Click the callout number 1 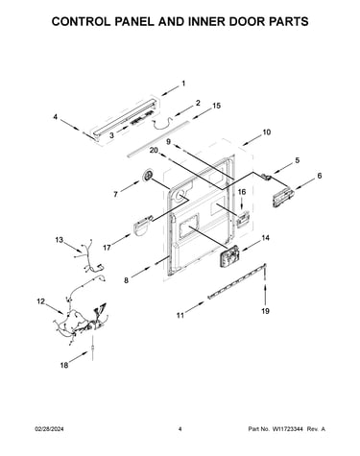pyautogui.click(x=183, y=84)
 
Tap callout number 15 pyautogui.click(x=216, y=106)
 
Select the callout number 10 pyautogui.click(x=266, y=132)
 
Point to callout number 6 pyautogui.click(x=320, y=176)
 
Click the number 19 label pyautogui.click(x=265, y=311)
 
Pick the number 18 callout pyautogui.click(x=64, y=365)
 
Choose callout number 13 pyautogui.click(x=60, y=240)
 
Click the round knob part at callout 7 pyautogui.click(x=148, y=176)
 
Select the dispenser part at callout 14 pyautogui.click(x=229, y=256)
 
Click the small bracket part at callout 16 pyautogui.click(x=243, y=219)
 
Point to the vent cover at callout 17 pyautogui.click(x=141, y=226)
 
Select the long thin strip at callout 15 pyautogui.click(x=157, y=139)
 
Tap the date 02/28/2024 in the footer pyautogui.click(x=49, y=429)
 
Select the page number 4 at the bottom pyautogui.click(x=180, y=429)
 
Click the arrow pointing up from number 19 pyautogui.click(x=265, y=294)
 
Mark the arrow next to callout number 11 pyautogui.click(x=195, y=307)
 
